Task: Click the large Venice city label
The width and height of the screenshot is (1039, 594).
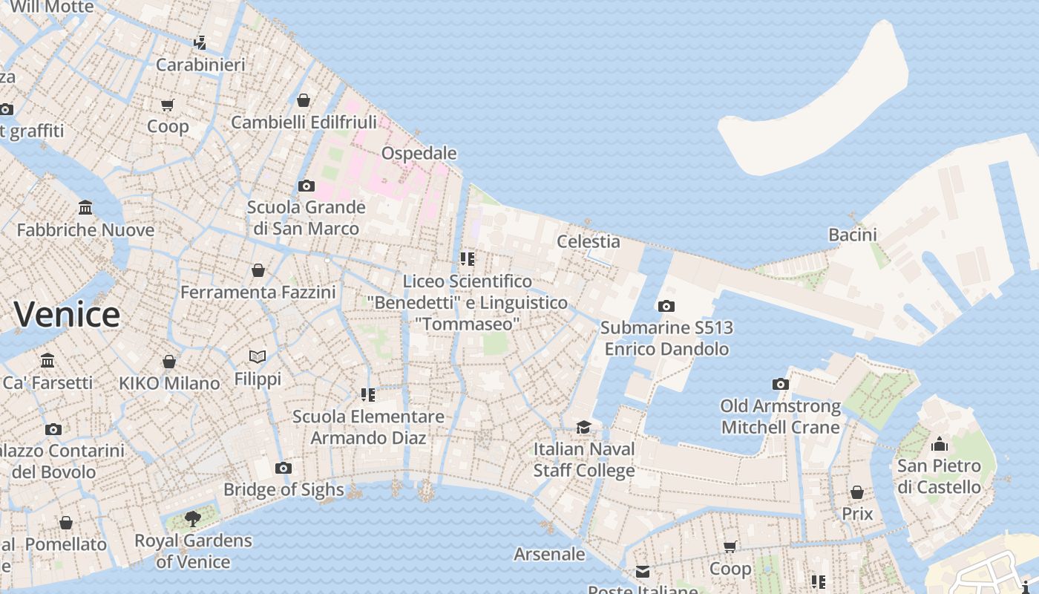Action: pos(67,314)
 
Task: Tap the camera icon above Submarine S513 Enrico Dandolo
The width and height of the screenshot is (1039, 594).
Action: pos(666,306)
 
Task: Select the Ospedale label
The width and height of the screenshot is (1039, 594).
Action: pos(419,153)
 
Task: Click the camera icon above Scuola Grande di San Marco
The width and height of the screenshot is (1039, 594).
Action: pos(306,186)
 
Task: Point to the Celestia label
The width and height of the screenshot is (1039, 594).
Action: pos(588,241)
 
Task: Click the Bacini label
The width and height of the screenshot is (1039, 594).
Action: pos(853,235)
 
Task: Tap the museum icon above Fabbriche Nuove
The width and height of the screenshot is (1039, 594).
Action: pos(85,208)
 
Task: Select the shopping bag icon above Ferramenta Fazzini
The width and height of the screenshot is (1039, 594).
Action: pos(258,270)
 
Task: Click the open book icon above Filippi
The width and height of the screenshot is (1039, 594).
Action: pos(258,357)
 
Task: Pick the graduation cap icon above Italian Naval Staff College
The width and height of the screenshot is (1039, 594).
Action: pos(584,427)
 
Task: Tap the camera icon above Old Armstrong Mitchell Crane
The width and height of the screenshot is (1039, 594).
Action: pos(780,384)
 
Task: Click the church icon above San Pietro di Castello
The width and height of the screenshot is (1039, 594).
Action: pos(939,444)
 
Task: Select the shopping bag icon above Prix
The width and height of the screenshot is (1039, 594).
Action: pos(857,492)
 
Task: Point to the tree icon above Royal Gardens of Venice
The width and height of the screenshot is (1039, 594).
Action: pos(193,518)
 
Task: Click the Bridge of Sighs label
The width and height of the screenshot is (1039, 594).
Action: pos(283,489)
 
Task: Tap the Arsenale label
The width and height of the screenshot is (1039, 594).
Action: pos(549,554)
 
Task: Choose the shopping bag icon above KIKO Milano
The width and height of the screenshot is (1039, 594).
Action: pos(169,362)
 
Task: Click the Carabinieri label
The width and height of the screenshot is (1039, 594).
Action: pos(200,65)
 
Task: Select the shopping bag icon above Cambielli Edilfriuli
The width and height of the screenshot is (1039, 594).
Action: pos(304,100)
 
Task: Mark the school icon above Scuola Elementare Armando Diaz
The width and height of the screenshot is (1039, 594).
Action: pos(368,394)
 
